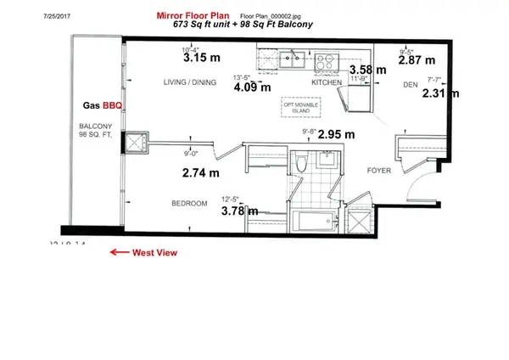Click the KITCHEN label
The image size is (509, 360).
click(326, 84)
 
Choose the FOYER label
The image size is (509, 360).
click(378, 170)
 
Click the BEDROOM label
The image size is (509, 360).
click(188, 204)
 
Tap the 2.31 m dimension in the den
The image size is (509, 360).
click(439, 96)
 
